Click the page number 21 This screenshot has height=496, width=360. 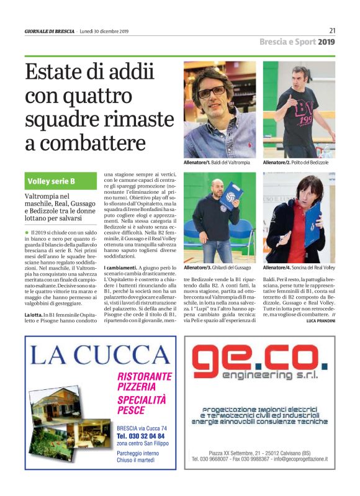(332, 30)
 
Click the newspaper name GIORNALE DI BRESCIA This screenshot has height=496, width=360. (50, 31)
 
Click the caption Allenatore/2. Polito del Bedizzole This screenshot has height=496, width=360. (295, 162)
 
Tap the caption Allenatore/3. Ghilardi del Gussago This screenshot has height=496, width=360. (221, 267)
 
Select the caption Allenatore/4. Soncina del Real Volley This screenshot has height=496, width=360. (299, 267)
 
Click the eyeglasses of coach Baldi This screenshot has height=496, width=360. (212, 91)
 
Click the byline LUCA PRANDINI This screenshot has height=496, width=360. (320, 321)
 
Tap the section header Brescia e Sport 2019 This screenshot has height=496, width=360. (297, 42)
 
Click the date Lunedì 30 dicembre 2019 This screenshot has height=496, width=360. (104, 31)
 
